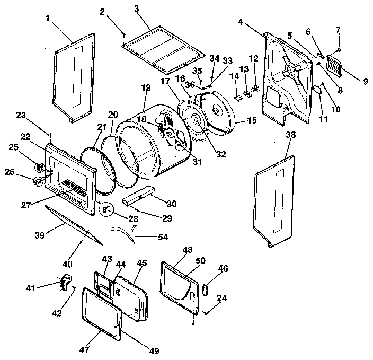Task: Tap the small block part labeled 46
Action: point(206,289)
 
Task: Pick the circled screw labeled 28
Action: point(106,209)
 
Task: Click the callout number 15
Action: point(251,121)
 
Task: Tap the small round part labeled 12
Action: point(255,73)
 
